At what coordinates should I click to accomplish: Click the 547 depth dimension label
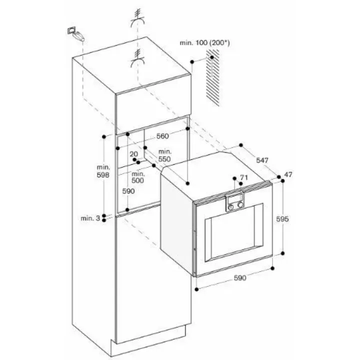tap(262, 160)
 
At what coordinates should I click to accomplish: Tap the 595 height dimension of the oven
tap(282, 219)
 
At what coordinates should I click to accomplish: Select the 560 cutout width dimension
tap(162, 136)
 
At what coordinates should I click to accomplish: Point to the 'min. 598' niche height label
tap(103, 171)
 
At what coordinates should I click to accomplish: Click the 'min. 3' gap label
tap(90, 218)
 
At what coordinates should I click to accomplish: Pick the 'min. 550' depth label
tap(164, 155)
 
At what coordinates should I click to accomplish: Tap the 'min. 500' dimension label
tap(138, 177)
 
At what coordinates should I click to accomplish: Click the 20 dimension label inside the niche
tap(134, 154)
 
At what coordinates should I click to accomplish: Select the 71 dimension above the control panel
tap(244, 177)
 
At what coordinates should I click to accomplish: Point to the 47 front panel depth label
tap(288, 174)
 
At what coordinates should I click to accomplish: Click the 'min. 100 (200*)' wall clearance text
tap(204, 42)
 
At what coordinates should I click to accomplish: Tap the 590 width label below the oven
tap(240, 278)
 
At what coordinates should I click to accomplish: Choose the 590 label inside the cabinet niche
tap(128, 191)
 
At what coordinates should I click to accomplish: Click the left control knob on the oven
tap(231, 207)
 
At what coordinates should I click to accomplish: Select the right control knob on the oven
tap(240, 205)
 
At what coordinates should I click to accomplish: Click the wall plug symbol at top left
tap(76, 34)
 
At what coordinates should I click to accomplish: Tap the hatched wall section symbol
tap(212, 77)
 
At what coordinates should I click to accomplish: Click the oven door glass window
tap(233, 232)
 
